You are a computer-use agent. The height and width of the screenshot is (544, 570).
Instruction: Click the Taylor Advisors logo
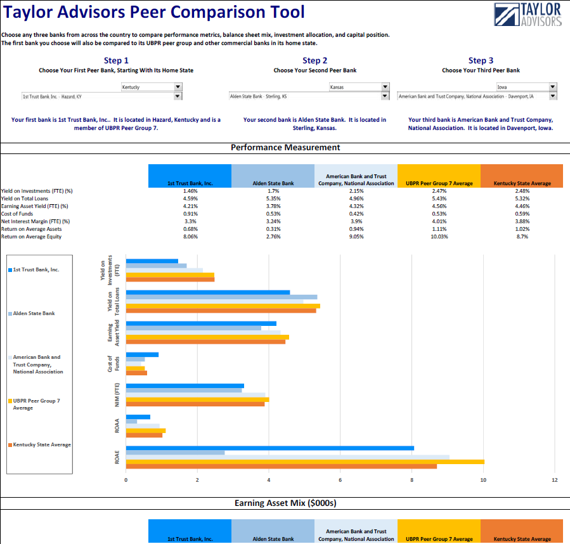click(x=528, y=15)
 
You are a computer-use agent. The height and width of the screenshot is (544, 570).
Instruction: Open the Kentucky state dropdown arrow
click(x=178, y=87)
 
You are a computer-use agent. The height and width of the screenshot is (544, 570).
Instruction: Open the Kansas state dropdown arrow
click(x=385, y=87)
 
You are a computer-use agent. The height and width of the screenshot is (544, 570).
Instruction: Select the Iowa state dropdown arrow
click(x=553, y=87)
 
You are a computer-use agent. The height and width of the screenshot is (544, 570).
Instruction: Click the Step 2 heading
click(x=315, y=61)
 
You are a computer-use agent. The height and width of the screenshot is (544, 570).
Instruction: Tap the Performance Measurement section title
click(x=285, y=147)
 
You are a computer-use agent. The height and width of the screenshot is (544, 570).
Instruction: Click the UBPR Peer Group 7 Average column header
click(x=439, y=183)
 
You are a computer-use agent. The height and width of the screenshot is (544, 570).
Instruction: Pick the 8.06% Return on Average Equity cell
click(x=190, y=236)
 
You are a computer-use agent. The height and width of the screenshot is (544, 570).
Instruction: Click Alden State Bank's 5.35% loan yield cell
click(x=273, y=198)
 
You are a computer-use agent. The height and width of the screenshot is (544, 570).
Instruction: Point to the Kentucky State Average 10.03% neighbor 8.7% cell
click(x=522, y=236)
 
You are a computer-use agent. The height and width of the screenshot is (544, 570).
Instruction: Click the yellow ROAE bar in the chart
click(x=304, y=461)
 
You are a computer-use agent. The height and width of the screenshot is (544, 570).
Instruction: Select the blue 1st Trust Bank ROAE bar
click(x=269, y=448)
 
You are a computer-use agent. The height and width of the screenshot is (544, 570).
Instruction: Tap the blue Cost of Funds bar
click(x=142, y=354)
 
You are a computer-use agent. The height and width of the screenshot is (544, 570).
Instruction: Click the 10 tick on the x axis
click(x=483, y=479)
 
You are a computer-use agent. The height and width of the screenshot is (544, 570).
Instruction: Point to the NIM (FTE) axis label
click(x=117, y=393)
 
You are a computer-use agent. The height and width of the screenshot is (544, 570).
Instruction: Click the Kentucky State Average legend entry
click(x=42, y=444)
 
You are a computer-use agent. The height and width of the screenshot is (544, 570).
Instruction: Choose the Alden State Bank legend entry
click(x=34, y=313)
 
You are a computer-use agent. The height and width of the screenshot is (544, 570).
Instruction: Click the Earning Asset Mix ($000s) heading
click(x=285, y=503)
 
